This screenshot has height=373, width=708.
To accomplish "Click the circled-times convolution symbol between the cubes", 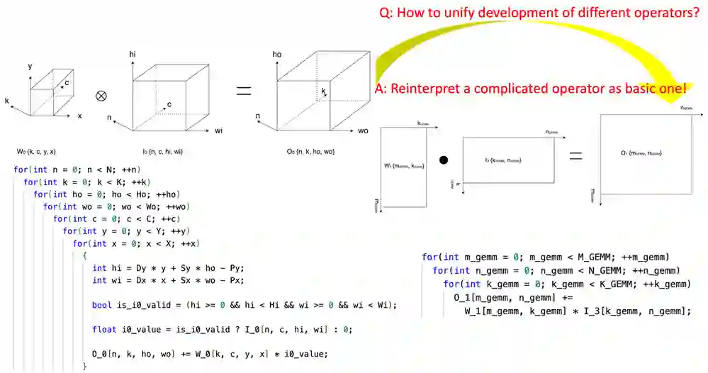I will pos(101,94).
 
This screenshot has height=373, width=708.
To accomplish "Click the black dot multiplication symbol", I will pos(444,160).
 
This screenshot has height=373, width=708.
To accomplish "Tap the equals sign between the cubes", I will pos(244,91).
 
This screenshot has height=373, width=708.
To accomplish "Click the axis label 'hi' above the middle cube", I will pos(133,54).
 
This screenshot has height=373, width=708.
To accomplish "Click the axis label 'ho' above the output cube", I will pos(277,54).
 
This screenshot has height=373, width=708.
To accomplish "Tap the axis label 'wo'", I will pos(363,131).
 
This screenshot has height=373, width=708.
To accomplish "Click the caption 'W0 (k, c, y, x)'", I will pos(37,152).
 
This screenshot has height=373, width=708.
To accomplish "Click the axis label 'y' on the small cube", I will pos(30,66).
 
